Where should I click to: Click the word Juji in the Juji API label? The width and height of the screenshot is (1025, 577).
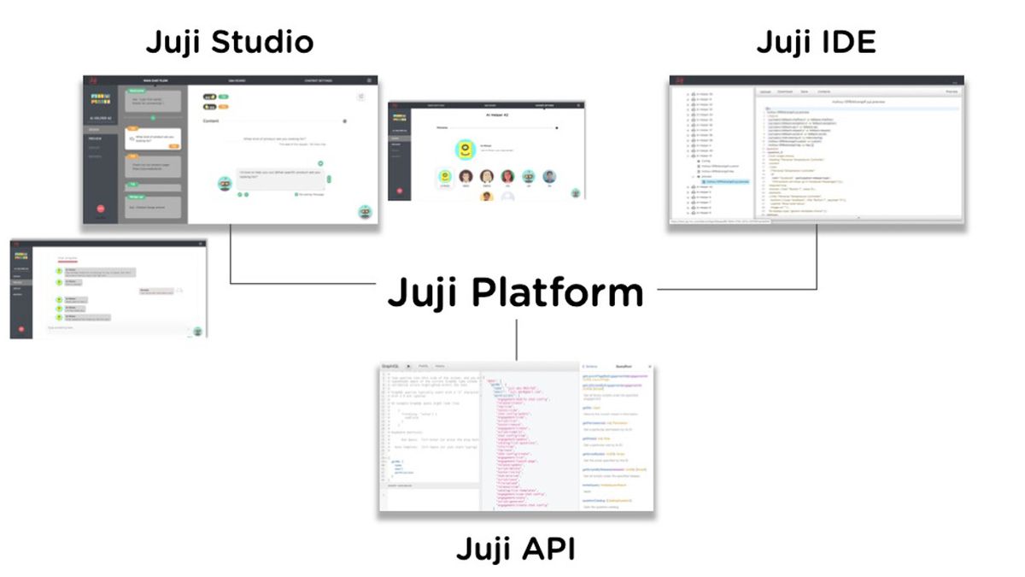tap(483, 548)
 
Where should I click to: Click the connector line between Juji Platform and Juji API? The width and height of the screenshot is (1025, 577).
tap(517, 339)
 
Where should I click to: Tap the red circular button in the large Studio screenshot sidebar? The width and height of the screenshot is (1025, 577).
tap(100, 208)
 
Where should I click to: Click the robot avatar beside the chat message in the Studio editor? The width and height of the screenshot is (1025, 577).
tap(225, 182)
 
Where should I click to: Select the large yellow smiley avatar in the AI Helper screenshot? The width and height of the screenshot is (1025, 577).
tap(465, 150)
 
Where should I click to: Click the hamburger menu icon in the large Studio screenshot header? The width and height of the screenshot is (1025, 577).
tap(368, 80)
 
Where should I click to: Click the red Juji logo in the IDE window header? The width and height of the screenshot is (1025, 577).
tap(680, 80)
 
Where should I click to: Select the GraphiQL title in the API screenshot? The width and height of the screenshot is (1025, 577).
tap(390, 365)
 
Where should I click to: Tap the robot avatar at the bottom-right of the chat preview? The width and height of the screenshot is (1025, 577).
tap(197, 332)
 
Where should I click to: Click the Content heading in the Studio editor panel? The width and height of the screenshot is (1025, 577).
tap(212, 121)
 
